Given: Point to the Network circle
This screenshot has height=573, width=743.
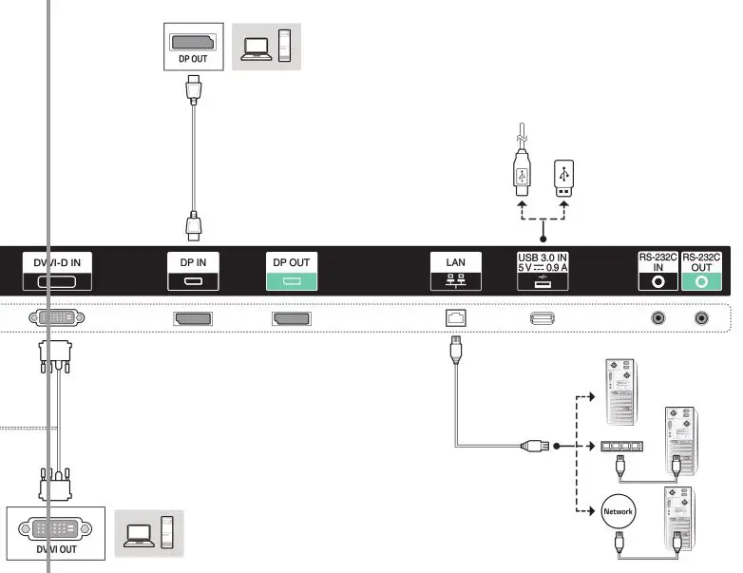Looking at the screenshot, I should pyautogui.click(x=618, y=511).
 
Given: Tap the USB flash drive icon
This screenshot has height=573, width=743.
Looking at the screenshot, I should pyautogui.click(x=565, y=179).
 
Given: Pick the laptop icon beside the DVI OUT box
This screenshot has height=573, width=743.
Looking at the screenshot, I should pyautogui.click(x=136, y=533).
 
